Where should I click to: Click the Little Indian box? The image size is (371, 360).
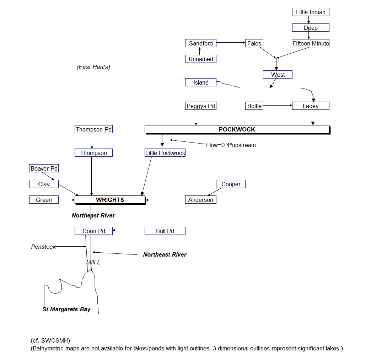tap(311, 12)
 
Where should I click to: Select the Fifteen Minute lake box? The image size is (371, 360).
tap(311, 43)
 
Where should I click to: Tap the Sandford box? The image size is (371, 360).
tap(201, 43)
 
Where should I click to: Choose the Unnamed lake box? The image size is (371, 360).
tap(201, 59)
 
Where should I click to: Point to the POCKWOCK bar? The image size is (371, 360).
tap(237, 129)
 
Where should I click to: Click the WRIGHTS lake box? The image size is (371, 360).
tap(110, 200)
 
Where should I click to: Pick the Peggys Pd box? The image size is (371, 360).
tap(201, 106)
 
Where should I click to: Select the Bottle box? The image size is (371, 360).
tap(254, 106)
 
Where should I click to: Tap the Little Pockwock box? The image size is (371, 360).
tap(165, 153)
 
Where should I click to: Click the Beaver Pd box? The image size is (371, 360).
tap(44, 168)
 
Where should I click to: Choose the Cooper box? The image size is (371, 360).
tap(231, 184)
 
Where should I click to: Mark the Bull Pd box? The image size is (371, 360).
tap(165, 231)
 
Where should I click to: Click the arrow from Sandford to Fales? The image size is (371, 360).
tap(231, 43)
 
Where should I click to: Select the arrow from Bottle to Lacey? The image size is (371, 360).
tap(278, 106)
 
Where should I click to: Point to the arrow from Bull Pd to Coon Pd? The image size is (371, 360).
tap(129, 230)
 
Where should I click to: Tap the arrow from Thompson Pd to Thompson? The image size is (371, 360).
tap(92, 141)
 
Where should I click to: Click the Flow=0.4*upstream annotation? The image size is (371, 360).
tap(231, 145)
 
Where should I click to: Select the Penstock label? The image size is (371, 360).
tap(43, 247)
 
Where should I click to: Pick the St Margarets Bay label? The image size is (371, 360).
tap(66, 309)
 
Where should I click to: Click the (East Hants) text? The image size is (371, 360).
tap(93, 67)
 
